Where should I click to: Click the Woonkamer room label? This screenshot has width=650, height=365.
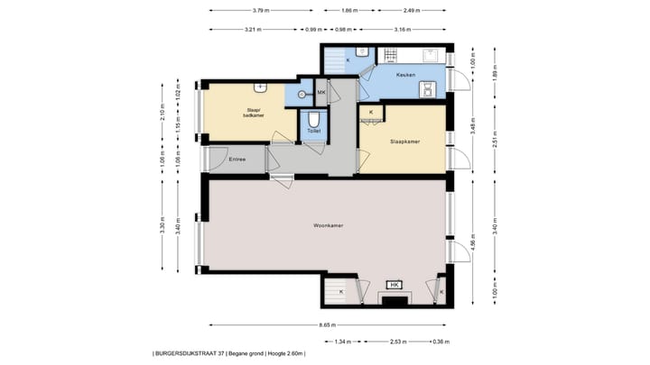point(326,224)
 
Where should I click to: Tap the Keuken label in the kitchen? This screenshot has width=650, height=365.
point(405,75)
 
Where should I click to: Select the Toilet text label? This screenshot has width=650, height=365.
point(313,132)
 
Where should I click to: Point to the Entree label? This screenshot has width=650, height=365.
point(237,160)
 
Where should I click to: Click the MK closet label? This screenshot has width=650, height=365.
point(320,92)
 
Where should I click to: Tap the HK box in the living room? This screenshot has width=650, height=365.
point(394,286)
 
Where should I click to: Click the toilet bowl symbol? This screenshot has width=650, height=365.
point(313,119)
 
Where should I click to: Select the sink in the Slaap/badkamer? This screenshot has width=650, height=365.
point(260,88)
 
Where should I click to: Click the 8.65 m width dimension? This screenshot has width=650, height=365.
point(326,325)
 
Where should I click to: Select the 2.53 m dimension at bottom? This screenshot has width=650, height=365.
point(395,342)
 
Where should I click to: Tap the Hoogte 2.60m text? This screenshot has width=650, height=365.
point(287,353)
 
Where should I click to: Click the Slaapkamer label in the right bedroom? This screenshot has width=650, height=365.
point(404,142)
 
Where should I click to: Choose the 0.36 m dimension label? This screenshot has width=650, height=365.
point(441,342)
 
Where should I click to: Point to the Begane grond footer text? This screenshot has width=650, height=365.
point(246,353)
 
